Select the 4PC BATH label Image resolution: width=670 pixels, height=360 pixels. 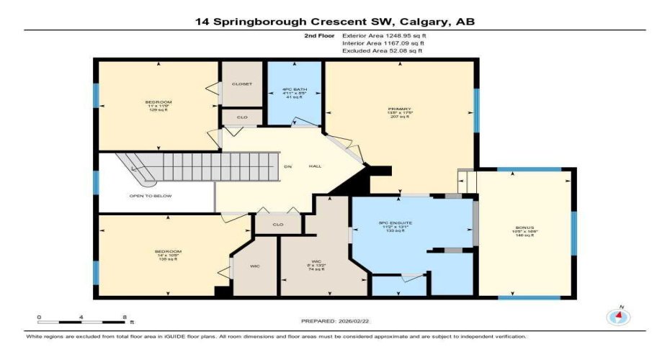(x=294, y=91)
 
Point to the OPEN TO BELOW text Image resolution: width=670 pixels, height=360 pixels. (x=151, y=195)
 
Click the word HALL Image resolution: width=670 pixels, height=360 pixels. (x=315, y=166)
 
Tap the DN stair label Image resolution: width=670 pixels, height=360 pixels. (x=287, y=166)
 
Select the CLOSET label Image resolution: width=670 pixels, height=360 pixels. (x=242, y=84)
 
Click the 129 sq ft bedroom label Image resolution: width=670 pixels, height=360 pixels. (x=158, y=106)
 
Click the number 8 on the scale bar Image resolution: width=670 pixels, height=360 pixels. (x=125, y=317)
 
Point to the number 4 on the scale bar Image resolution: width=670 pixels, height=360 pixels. (x=82, y=317)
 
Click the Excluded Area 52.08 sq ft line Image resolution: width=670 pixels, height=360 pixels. (x=382, y=51)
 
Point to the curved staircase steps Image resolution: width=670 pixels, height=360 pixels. (x=137, y=168)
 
